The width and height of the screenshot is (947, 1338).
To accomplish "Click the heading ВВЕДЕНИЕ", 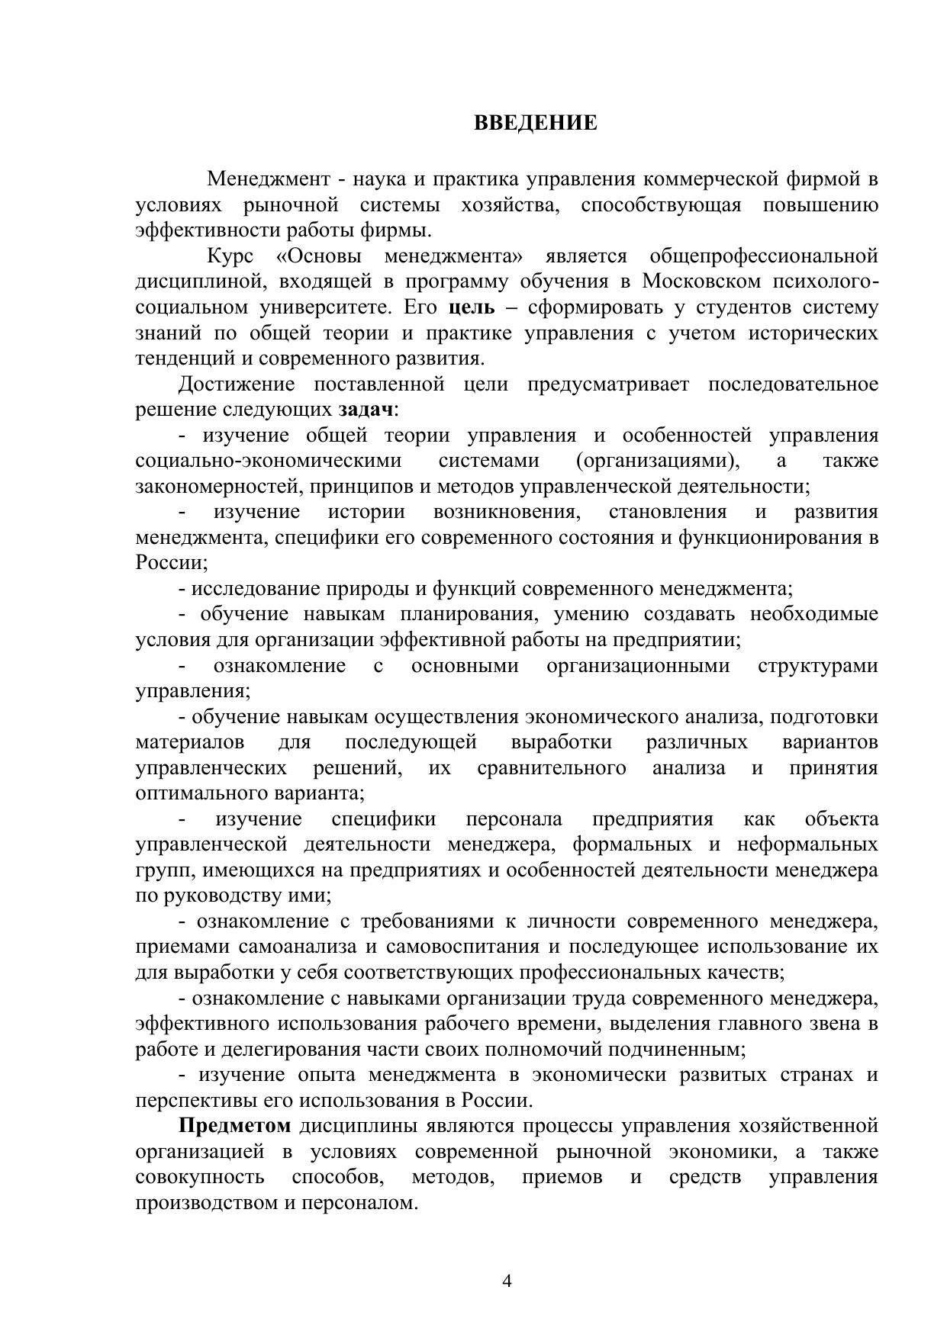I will point(536,123).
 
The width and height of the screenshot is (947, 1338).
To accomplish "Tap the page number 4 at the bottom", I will point(507,1280).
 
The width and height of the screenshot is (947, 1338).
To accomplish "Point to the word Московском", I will point(701,281).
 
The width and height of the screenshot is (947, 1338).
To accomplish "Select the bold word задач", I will point(366,410).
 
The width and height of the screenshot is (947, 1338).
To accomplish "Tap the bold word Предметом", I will point(235,1126).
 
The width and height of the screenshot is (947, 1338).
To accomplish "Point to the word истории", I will point(366,512).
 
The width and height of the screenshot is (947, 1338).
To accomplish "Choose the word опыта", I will point(324,1075).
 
